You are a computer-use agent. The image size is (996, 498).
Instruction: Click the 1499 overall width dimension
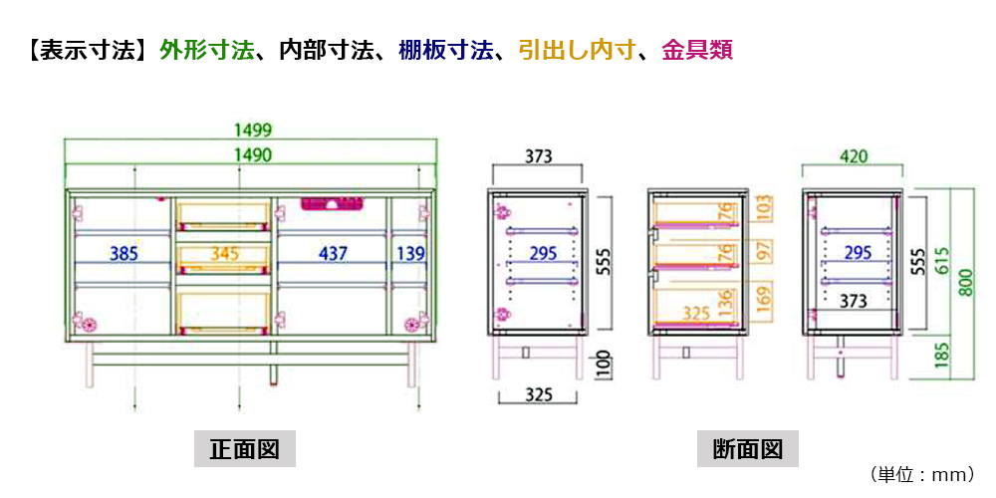pyautogui.click(x=253, y=130)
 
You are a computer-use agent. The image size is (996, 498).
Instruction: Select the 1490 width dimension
pyautogui.click(x=253, y=154)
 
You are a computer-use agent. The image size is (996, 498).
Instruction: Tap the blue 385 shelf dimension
pyautogui.click(x=124, y=254)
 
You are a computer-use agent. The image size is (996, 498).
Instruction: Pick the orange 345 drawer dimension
pyautogui.click(x=225, y=254)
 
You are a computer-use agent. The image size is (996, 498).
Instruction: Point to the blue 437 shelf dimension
pyautogui.click(x=333, y=254)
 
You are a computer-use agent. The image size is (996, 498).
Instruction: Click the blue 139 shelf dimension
pyautogui.click(x=411, y=254)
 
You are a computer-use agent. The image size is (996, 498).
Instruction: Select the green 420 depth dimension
pyautogui.click(x=852, y=155)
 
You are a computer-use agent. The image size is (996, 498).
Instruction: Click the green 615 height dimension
pyautogui.click(x=943, y=260)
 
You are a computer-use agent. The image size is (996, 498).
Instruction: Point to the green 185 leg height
pyautogui.click(x=943, y=356)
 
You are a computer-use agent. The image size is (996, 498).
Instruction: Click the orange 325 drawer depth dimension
pyautogui.click(x=696, y=313)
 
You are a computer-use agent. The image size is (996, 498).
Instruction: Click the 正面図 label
pyautogui.click(x=245, y=449)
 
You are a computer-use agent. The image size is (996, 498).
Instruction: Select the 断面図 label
pyautogui.click(x=748, y=449)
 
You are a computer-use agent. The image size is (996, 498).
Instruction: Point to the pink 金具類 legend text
pyautogui.click(x=697, y=50)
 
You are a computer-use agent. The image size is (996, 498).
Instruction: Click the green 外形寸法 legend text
pyautogui.click(x=206, y=50)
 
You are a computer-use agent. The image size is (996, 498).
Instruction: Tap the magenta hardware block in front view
pyautogui.click(x=332, y=204)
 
